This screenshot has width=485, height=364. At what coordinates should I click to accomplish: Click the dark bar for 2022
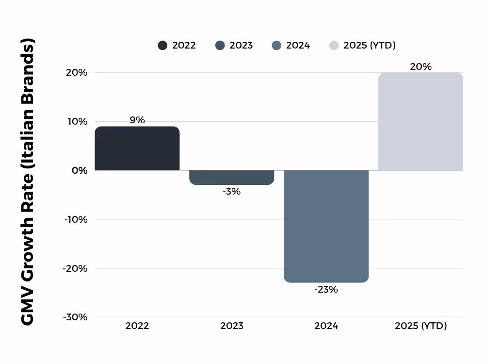click(137, 149)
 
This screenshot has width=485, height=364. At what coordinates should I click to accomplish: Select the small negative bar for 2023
click(231, 178)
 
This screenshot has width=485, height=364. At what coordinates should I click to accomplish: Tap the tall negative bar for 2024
click(326, 226)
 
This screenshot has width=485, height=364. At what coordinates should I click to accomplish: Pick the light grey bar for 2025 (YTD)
click(420, 121)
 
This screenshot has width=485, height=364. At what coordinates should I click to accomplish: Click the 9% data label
click(137, 120)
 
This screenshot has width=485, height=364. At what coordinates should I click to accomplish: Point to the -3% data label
click(231, 191)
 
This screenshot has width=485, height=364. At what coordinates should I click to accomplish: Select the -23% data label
click(326, 290)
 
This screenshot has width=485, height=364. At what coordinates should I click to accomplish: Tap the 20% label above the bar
click(420, 67)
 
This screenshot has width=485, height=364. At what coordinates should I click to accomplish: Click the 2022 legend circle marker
click(162, 46)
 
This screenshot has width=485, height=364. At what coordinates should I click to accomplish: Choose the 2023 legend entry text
click(241, 46)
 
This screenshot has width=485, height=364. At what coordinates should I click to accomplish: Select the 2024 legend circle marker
click(276, 46)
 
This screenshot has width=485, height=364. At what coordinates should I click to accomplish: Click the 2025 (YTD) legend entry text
click(370, 46)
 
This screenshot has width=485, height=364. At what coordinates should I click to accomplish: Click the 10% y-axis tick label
click(77, 121)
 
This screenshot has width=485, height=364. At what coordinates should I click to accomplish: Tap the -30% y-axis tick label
click(75, 317)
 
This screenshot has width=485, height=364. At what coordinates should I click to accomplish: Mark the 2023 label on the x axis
click(231, 326)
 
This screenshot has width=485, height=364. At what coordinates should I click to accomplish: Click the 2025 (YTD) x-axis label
click(420, 326)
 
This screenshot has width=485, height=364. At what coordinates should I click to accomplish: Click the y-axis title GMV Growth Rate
click(28, 182)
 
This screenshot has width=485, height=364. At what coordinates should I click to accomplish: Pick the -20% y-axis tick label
click(75, 268)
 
